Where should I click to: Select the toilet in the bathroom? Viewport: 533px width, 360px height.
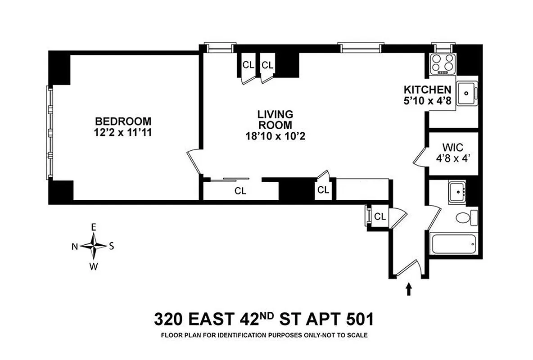click(x=465, y=218)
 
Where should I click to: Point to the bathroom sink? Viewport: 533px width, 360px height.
click(x=458, y=192)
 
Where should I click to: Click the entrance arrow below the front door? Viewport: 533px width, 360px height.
click(x=409, y=288)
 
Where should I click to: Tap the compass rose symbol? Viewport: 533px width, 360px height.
click(x=94, y=246)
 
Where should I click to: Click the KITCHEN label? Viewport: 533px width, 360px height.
click(x=427, y=89)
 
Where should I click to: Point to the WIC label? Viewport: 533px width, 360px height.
click(x=452, y=147)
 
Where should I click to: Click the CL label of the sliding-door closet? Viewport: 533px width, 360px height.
click(x=240, y=191)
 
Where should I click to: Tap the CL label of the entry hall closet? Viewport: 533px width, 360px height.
click(x=380, y=216)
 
